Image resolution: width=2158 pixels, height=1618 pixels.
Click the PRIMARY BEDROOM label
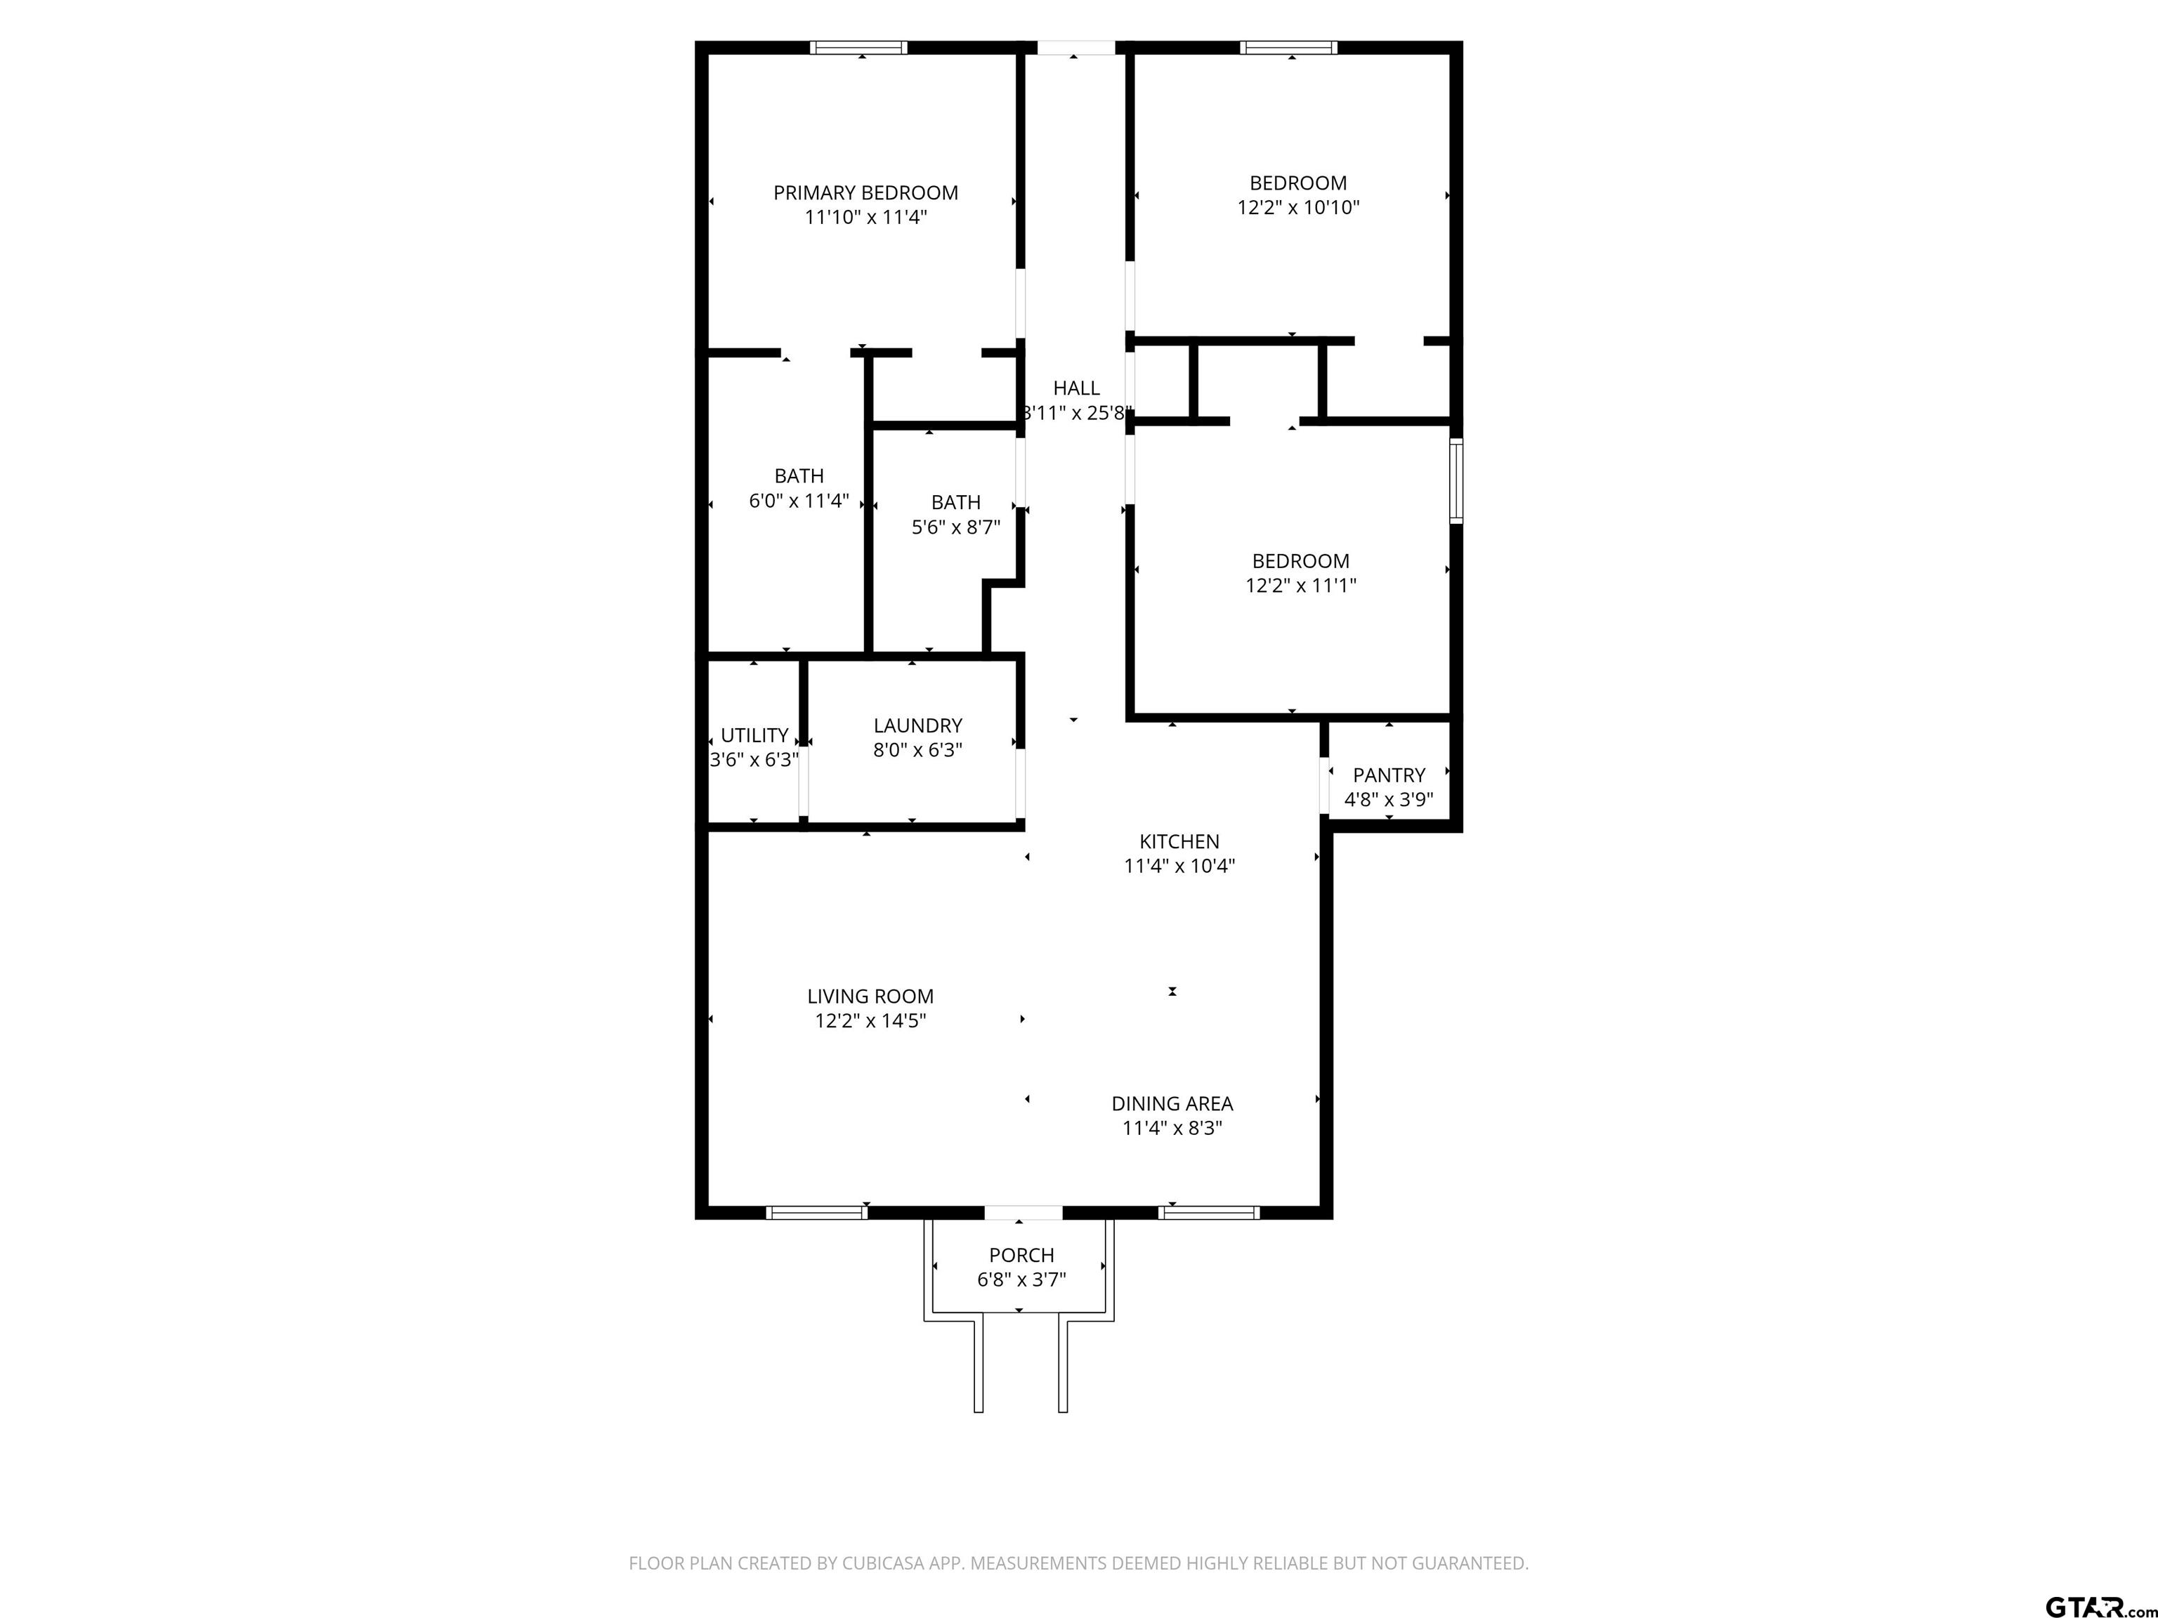(x=865, y=193)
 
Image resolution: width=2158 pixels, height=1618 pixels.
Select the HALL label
(x=1076, y=388)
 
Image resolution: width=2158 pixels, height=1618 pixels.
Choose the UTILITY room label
(x=754, y=735)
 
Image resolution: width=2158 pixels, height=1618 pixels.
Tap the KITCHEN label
(x=1179, y=842)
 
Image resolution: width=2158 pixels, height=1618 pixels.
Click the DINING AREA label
(x=1172, y=1104)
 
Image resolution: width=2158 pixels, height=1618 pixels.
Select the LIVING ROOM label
(x=870, y=997)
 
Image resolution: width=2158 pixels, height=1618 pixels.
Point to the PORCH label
(x=1021, y=1255)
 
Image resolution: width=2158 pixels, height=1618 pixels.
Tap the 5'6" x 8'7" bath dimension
(x=956, y=527)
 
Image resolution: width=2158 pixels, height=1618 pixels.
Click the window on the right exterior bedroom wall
(x=1456, y=480)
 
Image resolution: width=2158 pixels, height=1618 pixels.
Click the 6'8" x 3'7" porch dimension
(x=1021, y=1280)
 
